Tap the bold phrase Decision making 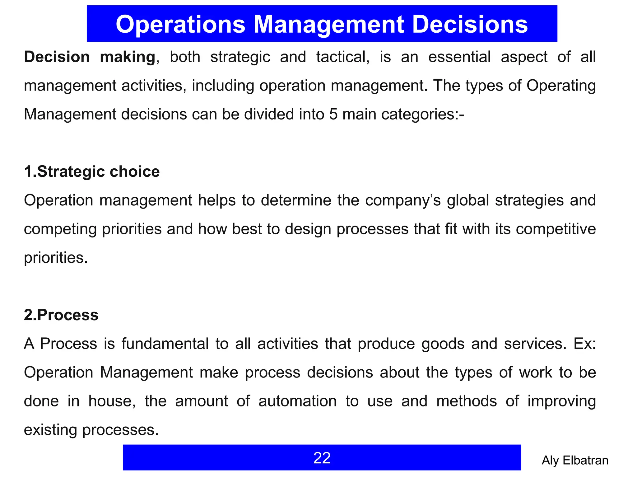(90, 57)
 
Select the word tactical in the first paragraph (343, 57)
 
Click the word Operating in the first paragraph (561, 86)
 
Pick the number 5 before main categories (333, 114)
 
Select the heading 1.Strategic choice (92, 171)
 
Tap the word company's (403, 200)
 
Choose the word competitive (556, 229)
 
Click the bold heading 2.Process (61, 315)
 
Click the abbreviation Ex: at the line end (585, 344)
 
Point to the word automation (297, 401)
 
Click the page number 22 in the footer (322, 458)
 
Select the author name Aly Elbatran (575, 460)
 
